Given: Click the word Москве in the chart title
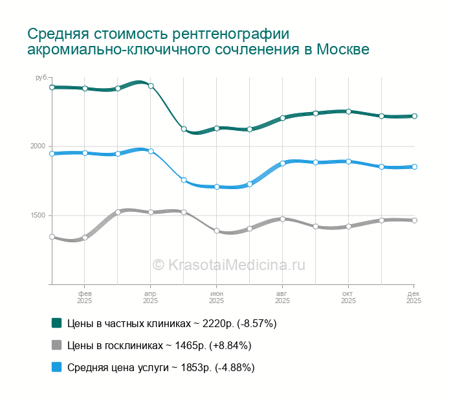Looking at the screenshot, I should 342,50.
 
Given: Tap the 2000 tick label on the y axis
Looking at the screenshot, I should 38,146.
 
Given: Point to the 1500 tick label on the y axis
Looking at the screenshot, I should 38,215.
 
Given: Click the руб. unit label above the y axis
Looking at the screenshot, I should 41,78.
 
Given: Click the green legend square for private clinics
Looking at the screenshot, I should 56,323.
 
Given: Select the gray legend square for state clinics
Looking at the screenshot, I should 56,345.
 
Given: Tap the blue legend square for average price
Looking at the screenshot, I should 56,367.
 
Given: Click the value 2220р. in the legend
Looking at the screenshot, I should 214,323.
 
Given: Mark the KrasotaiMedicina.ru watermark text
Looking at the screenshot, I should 228,264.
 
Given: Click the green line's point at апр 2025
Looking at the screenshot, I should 151,85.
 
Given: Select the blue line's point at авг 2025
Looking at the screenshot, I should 283,163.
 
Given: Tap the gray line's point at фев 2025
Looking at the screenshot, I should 85,238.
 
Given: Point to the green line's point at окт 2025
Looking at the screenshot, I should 349,111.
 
